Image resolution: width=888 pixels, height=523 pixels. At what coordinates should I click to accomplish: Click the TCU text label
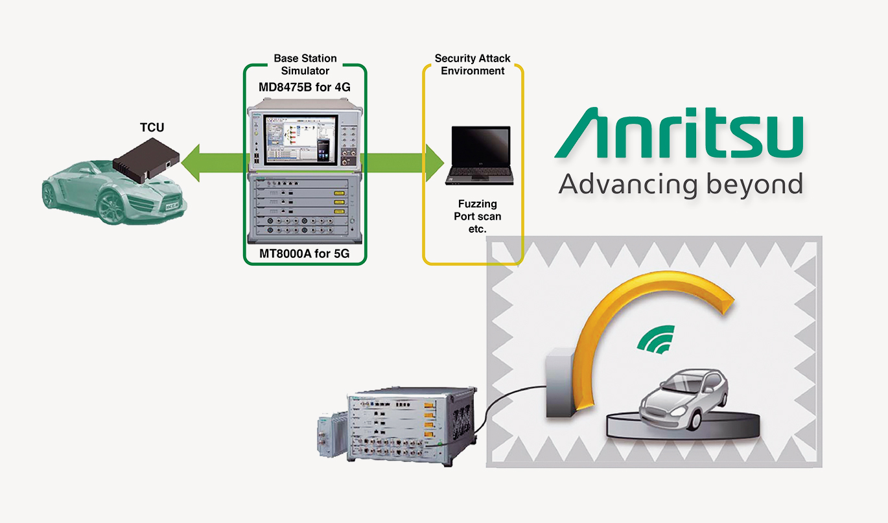click(152, 127)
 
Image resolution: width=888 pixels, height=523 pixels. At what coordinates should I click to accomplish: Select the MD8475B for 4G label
click(305, 86)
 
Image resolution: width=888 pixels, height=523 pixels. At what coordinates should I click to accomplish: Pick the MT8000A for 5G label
click(305, 253)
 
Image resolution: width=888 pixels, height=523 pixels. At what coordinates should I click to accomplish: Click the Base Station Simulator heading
click(305, 65)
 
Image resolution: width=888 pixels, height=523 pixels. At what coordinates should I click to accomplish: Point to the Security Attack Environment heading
click(473, 65)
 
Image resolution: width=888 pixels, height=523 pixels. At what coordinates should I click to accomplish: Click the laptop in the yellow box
click(480, 156)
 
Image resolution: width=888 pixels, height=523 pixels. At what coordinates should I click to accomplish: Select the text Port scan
click(477, 216)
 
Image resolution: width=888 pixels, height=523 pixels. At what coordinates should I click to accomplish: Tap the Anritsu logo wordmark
click(679, 136)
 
